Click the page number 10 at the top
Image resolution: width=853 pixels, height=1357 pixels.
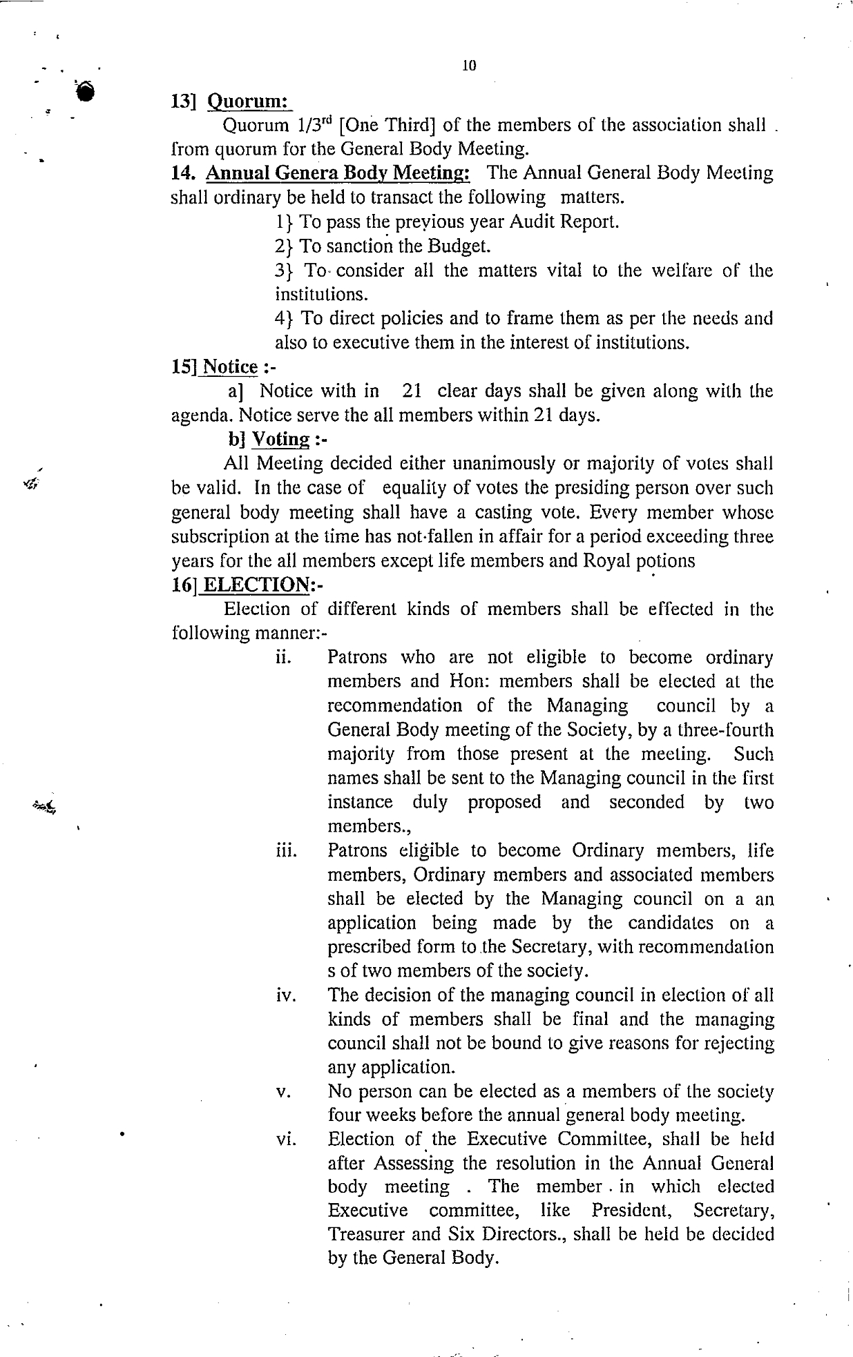click(469, 66)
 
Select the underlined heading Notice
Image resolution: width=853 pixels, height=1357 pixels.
click(231, 367)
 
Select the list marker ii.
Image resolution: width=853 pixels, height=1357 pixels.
click(282, 658)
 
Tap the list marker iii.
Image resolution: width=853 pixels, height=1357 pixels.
click(285, 851)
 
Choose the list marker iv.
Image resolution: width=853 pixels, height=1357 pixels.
click(285, 996)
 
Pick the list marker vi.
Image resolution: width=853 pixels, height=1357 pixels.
click(285, 1141)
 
